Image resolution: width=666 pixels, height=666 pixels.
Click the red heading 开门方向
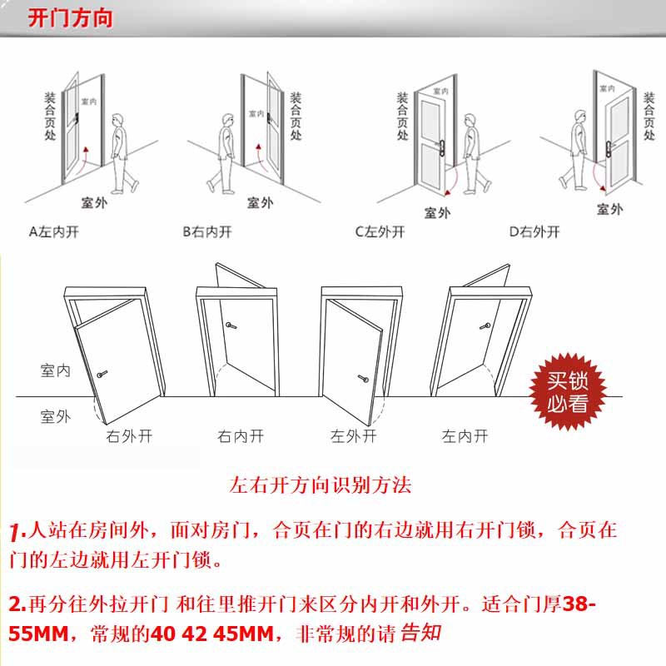71,18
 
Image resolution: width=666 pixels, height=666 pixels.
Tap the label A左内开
54,232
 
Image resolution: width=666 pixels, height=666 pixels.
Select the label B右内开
207,232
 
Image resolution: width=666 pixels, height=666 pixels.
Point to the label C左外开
380,232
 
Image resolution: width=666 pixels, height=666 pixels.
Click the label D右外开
534,232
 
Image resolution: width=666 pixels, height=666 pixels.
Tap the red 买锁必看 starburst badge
568,391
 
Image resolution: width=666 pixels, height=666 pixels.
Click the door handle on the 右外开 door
102,374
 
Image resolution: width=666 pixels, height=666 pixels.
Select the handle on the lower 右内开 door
231,326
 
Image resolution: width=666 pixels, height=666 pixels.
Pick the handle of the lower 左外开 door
363,378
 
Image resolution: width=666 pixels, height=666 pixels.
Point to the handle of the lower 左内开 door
485,326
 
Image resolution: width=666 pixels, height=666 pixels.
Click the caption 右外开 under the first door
129,436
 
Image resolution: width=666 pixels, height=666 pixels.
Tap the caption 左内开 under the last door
465,436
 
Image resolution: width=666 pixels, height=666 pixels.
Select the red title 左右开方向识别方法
321,485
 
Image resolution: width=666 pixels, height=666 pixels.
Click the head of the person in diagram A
117,120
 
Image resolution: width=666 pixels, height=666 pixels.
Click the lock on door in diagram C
442,149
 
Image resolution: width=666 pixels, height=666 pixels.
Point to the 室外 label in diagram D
609,209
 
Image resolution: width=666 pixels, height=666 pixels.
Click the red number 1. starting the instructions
17,533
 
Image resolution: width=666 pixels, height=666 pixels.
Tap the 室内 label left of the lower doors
55,370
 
